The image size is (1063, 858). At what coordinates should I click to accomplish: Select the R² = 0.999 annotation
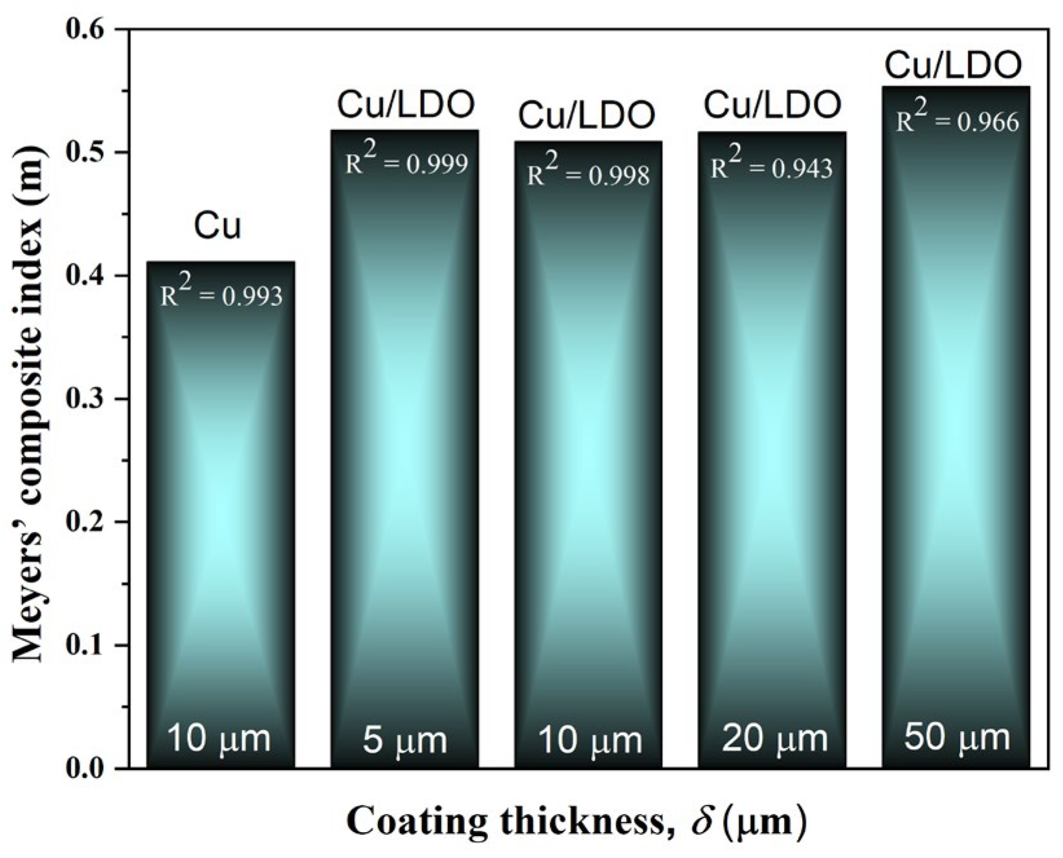click(x=406, y=162)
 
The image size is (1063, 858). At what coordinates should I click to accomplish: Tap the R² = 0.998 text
click(x=588, y=173)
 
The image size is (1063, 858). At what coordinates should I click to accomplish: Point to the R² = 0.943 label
click(x=772, y=166)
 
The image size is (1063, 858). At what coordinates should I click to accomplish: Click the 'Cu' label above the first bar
click(x=218, y=227)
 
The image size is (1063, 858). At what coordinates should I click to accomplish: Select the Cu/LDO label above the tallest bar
click(x=953, y=65)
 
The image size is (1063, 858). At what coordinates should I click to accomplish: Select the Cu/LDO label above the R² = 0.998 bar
click(x=587, y=116)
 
